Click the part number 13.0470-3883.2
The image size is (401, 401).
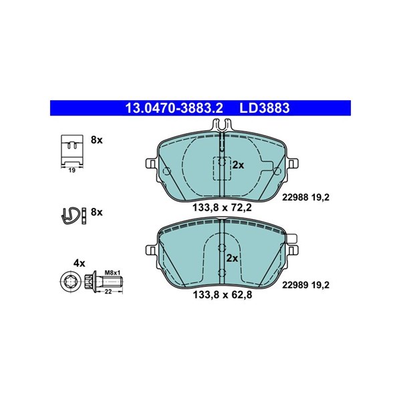click(174, 108)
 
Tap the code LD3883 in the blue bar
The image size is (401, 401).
click(265, 108)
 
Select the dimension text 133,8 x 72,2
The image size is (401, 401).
click(222, 207)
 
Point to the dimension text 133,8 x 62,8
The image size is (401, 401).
click(222, 295)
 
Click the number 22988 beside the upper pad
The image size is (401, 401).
click(295, 197)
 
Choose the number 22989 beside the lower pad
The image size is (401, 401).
click(295, 285)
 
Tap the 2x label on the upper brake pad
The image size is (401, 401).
click(238, 165)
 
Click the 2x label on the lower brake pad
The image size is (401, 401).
click(232, 258)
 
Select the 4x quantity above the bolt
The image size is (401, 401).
click(80, 263)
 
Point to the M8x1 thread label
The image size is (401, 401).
click(112, 273)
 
